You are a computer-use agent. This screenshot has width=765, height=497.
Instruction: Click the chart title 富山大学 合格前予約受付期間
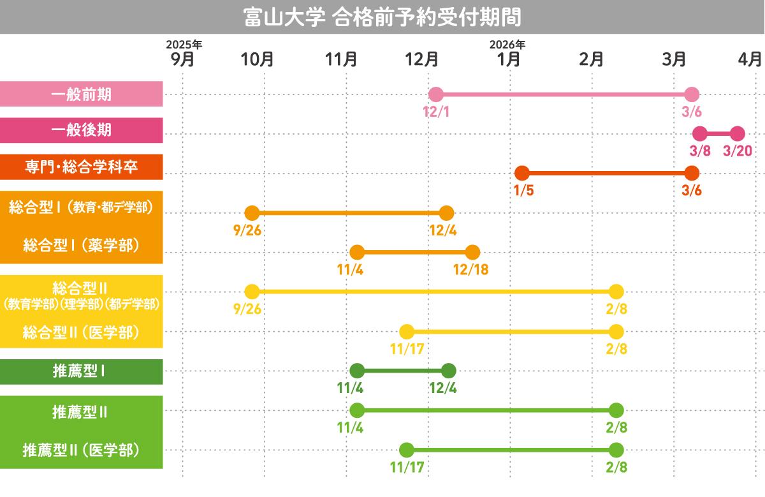click(382, 17)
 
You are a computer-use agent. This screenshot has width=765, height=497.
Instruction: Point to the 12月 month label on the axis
click(422, 59)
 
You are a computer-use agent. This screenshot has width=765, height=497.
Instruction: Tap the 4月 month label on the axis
click(750, 59)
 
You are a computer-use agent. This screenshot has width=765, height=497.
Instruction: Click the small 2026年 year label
click(507, 45)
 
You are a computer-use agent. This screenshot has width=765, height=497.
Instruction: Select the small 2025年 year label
click(184, 45)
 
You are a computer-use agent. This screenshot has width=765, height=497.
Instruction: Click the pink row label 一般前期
click(81, 94)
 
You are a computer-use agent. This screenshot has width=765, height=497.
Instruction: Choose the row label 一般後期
click(81, 130)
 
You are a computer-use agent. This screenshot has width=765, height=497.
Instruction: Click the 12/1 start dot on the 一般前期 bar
click(435, 95)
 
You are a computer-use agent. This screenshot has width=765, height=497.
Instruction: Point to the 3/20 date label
click(738, 151)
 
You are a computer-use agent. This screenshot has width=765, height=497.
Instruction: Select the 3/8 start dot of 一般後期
click(700, 134)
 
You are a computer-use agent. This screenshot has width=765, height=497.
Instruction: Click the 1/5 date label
click(523, 190)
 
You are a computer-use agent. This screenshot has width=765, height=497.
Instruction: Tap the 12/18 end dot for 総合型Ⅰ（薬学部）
click(472, 252)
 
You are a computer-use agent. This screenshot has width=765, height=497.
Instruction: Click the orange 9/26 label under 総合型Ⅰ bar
click(247, 230)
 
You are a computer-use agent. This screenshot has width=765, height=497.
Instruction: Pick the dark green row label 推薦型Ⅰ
click(81, 372)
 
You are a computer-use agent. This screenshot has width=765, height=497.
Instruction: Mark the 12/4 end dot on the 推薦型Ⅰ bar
click(448, 371)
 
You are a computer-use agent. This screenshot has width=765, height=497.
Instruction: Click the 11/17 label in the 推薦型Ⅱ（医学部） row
click(407, 467)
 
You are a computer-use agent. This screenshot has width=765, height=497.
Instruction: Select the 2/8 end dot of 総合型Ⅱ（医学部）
click(616, 332)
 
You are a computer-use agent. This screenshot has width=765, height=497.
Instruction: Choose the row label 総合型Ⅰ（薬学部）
click(81, 246)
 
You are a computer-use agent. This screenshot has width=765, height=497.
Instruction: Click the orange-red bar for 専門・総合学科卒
click(606, 173)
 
